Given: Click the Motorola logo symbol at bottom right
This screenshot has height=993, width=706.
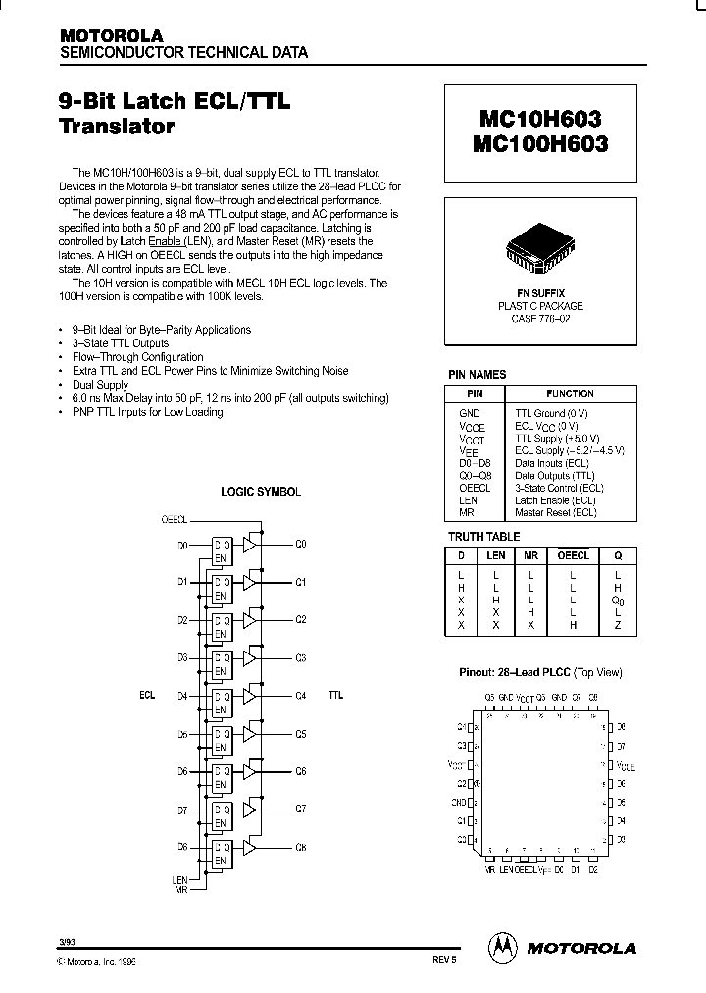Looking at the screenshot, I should pyautogui.click(x=502, y=947).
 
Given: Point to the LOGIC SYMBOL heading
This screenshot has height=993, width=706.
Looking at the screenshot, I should pyautogui.click(x=261, y=492).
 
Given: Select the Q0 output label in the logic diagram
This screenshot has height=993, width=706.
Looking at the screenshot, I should pyautogui.click(x=301, y=544).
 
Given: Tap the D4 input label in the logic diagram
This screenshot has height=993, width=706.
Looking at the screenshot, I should pyautogui.click(x=182, y=696).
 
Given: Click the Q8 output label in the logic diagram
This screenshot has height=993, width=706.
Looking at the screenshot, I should pyautogui.click(x=301, y=846).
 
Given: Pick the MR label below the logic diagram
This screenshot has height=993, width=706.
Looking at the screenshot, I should pyautogui.click(x=180, y=889).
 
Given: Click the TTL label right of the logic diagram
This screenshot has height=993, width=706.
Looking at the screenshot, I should pyautogui.click(x=336, y=695).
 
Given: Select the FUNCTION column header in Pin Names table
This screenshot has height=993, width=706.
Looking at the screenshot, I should pyautogui.click(x=570, y=392).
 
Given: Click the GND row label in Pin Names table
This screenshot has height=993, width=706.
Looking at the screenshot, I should pyautogui.click(x=470, y=414).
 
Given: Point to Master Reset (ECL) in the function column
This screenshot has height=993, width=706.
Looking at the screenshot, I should pyautogui.click(x=555, y=512).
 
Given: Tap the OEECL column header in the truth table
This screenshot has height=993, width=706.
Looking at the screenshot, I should pyautogui.click(x=573, y=555).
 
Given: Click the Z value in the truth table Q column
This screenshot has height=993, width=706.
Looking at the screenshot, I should pyautogui.click(x=618, y=624).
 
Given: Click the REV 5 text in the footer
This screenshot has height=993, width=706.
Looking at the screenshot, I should pyautogui.click(x=443, y=963).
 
